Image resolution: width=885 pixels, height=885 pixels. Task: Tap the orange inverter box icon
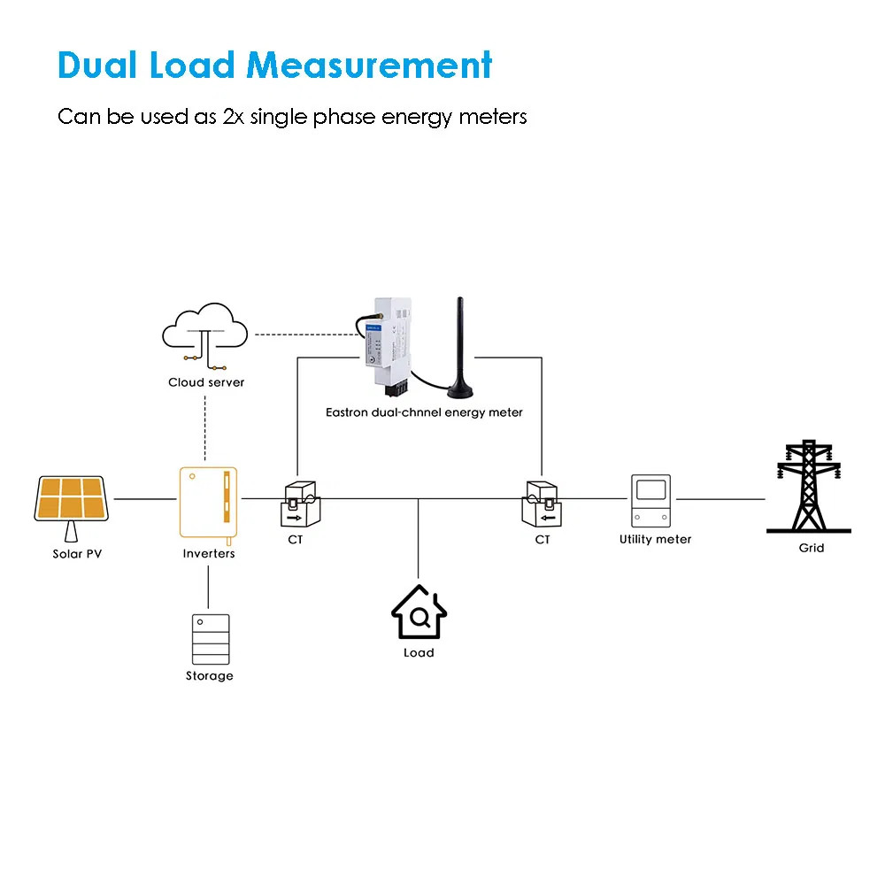(208, 502)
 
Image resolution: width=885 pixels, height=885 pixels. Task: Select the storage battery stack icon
(210, 639)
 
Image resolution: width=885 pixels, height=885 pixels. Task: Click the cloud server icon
(204, 336)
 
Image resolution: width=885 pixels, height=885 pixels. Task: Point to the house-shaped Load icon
(419, 612)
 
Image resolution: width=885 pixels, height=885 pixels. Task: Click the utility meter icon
(651, 502)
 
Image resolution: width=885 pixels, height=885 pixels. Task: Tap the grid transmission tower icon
(808, 487)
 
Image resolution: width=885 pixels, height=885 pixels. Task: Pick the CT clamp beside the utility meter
(541, 504)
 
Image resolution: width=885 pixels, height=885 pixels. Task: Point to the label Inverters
(209, 554)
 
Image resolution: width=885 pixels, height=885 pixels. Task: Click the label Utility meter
(655, 539)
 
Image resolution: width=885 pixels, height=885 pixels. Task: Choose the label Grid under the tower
(811, 548)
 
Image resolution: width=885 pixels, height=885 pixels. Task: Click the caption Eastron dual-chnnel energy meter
(424, 412)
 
